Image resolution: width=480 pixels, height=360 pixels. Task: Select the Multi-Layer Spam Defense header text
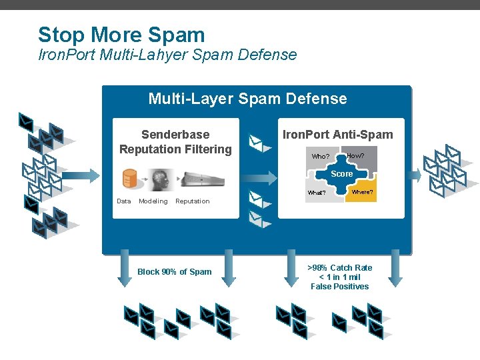[x=247, y=99]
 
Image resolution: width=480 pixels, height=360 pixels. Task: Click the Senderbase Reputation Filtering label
[x=175, y=142]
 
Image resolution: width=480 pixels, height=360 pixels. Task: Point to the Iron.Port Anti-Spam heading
[x=338, y=135]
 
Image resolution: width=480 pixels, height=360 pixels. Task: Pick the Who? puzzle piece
[x=321, y=157]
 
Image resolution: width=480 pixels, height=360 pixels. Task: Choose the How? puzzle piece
[x=357, y=155]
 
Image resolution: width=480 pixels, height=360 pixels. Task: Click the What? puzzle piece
[x=317, y=193]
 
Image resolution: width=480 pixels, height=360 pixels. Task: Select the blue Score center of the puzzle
[x=342, y=174]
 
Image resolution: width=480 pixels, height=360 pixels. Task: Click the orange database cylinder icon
[x=129, y=179]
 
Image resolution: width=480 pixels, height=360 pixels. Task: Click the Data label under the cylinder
[x=124, y=201]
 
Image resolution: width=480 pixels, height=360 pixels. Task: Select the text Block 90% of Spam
[x=174, y=271]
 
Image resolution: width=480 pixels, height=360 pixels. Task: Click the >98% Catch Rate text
[x=340, y=267]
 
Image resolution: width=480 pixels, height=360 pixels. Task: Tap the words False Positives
[x=339, y=287]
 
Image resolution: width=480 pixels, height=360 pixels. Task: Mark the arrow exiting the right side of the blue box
[x=414, y=175]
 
